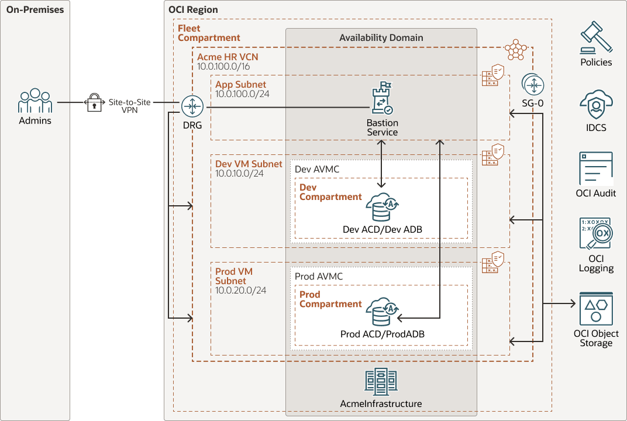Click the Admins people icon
pos(35,101)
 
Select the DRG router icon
pos(192,107)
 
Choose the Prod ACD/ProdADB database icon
pos(382,312)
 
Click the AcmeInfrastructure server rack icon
pos(380,383)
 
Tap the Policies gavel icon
pos(596,39)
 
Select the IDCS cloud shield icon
pos(596,106)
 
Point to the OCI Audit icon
pos(596,169)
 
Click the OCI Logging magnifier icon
pos(596,236)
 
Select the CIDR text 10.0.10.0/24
pos(240,174)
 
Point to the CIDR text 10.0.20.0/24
pos(241,290)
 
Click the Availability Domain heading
pos(381,37)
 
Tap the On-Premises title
pos(35,9)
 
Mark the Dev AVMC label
pos(317,169)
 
